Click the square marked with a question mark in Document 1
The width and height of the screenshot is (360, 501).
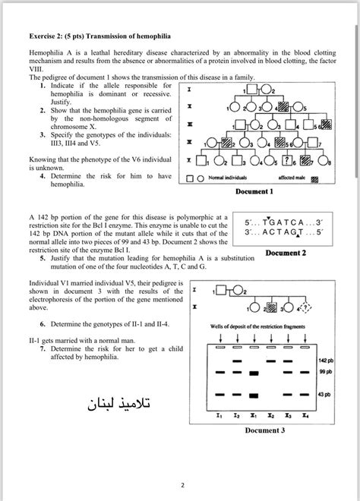coord(286,161)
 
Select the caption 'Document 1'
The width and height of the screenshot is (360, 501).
coord(255,191)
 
